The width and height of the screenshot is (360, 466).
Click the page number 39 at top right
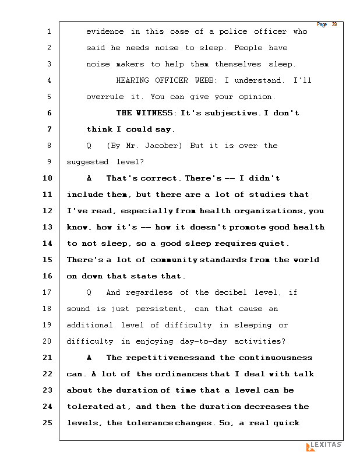(x=334, y=24)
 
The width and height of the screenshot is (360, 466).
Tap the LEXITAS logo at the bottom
(x=324, y=446)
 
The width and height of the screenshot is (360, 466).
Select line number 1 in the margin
(x=49, y=31)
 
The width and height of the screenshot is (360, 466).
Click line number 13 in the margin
(x=47, y=227)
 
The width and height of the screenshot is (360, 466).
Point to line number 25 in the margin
(x=47, y=423)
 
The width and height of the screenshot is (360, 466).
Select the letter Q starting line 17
(x=89, y=292)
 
